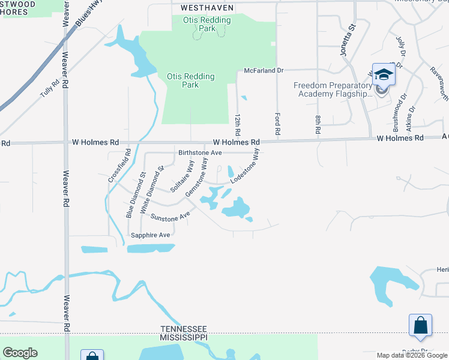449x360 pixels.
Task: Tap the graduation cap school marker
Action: (384, 75)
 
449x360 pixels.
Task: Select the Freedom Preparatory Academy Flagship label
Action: (333, 89)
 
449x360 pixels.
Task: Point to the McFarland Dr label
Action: (264, 71)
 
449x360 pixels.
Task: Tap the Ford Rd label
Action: (277, 122)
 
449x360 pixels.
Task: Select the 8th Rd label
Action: (318, 123)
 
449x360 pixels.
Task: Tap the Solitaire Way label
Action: (182, 176)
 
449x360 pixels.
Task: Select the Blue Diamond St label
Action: (136, 196)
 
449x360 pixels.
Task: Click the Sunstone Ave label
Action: (170, 215)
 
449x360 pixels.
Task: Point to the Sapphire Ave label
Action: (151, 235)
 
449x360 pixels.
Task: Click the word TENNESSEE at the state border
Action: (184, 329)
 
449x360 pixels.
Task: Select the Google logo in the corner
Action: (20, 352)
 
